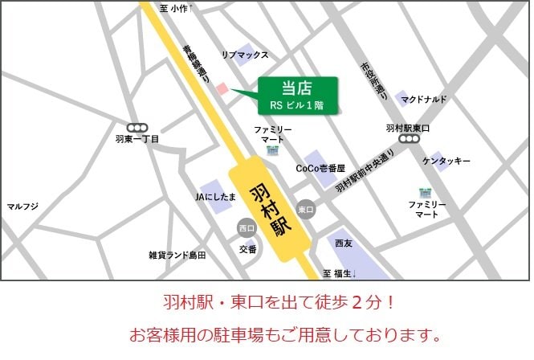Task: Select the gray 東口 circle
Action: tap(305, 209)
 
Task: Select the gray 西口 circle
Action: tap(247, 228)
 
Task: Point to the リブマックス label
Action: tap(245, 55)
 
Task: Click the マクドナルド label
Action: tap(425, 99)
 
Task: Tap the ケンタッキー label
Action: tap(446, 162)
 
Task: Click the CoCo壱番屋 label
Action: tap(320, 169)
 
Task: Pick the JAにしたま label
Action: tap(215, 196)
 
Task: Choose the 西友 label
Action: tap(344, 243)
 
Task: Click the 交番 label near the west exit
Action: tap(248, 249)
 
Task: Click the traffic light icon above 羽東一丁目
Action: tap(137, 127)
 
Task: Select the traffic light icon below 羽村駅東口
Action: tap(409, 139)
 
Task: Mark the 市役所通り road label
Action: tap(374, 80)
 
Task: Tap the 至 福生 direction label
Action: tap(339, 273)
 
